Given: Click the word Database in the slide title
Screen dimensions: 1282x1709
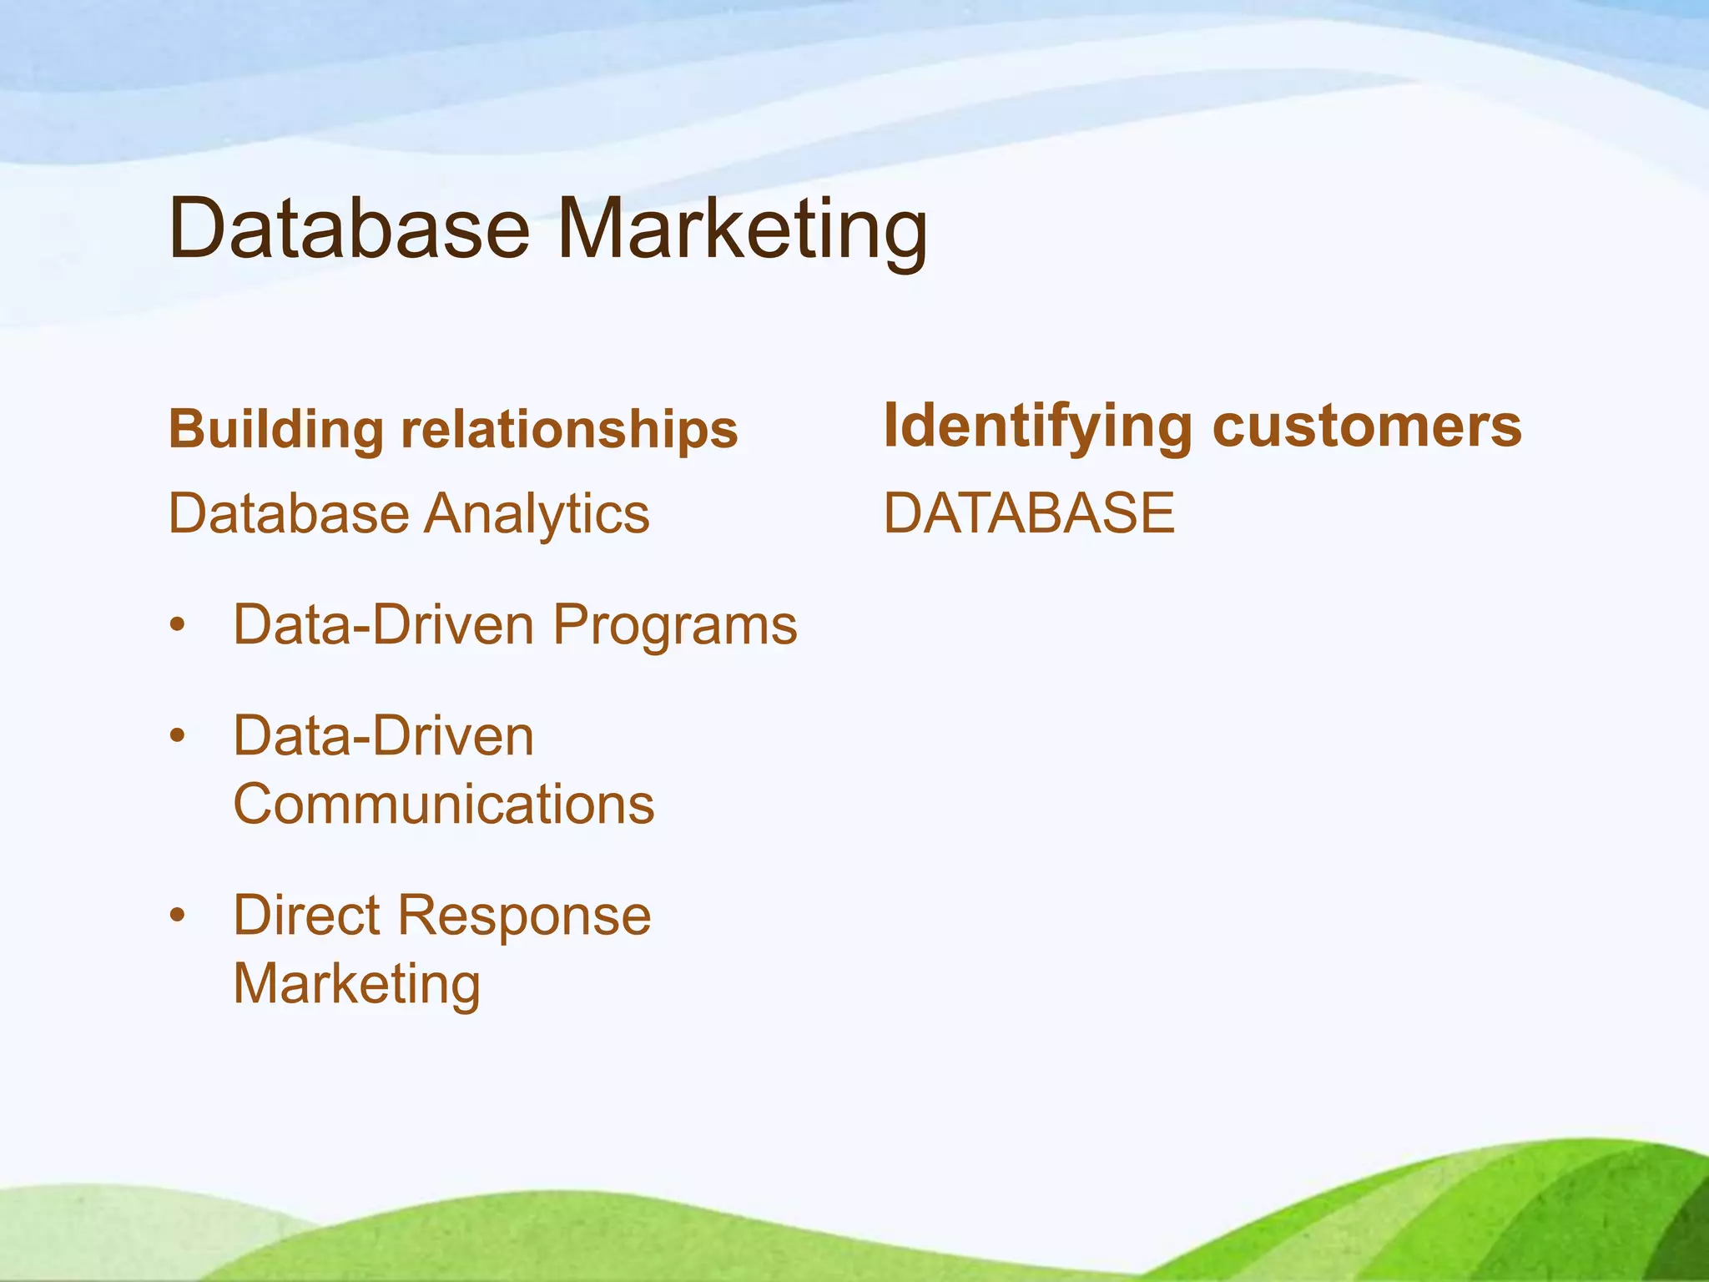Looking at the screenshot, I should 349,229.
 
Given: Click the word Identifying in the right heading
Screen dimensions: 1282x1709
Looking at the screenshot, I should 1038,427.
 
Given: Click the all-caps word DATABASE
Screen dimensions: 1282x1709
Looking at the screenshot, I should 1028,513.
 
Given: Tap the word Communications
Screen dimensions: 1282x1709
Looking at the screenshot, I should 443,805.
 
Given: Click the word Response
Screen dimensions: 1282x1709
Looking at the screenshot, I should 523,916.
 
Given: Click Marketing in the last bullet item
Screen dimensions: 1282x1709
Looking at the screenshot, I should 356,985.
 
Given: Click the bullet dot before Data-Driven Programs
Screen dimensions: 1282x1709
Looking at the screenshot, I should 176,626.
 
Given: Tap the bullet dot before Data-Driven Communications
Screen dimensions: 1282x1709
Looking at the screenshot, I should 176,737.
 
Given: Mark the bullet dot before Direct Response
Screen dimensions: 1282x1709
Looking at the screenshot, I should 176,916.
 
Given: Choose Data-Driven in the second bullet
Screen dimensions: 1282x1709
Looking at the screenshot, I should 383,736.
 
